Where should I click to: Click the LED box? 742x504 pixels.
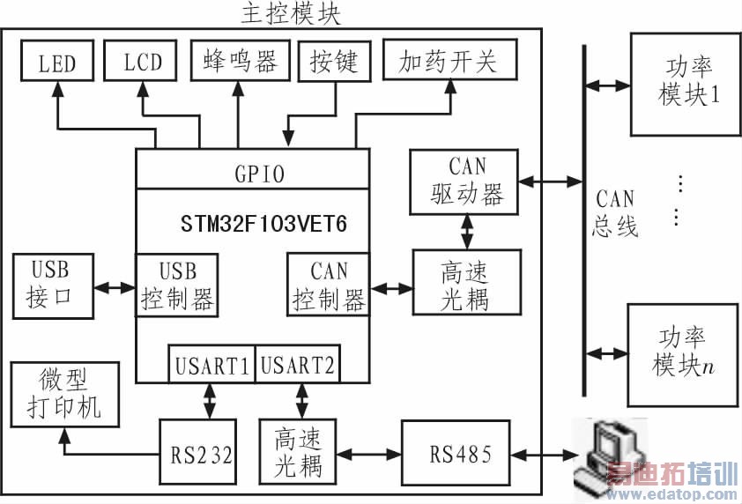coord(56,63)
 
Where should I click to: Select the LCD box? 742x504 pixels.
coord(142,63)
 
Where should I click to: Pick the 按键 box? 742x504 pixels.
coord(330,61)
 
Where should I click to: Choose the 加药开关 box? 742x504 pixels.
coord(449,61)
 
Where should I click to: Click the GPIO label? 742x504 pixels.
coord(251,174)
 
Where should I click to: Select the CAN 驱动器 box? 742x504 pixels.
coord(464,182)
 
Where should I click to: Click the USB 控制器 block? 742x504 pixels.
coord(177,285)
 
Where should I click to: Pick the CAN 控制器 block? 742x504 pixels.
coord(327,285)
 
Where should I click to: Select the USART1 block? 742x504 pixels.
coord(211,365)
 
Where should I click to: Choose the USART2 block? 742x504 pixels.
coord(297,365)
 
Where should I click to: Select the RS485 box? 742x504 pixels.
coord(457,455)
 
